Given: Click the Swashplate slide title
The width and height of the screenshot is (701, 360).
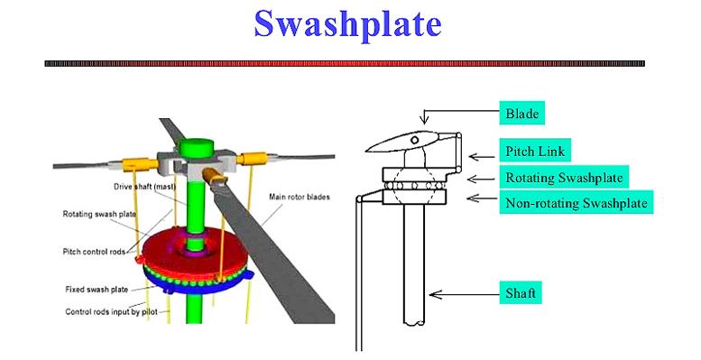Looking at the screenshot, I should pyautogui.click(x=347, y=24).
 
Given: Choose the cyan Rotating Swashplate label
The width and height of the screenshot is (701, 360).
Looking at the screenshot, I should pyautogui.click(x=564, y=178).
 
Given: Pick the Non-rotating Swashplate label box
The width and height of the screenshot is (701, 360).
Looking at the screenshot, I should pyautogui.click(x=576, y=203).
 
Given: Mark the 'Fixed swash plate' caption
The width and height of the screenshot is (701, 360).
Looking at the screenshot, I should pyautogui.click(x=94, y=290).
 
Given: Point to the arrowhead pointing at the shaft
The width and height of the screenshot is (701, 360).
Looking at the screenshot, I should pyautogui.click(x=434, y=293).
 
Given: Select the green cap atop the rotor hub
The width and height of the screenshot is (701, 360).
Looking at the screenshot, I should pyautogui.click(x=193, y=145).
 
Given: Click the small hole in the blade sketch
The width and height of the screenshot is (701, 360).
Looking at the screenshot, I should pyautogui.click(x=415, y=139).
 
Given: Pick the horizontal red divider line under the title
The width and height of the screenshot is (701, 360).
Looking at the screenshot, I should pyautogui.click(x=345, y=64).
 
